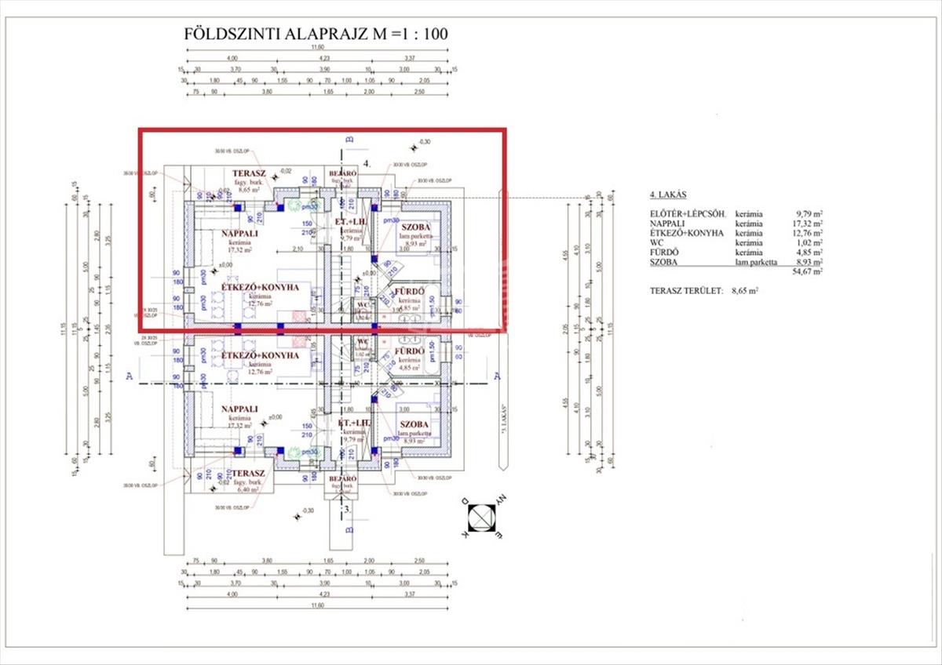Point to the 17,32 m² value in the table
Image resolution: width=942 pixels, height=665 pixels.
click(x=807, y=223)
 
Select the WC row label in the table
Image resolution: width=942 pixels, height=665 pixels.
click(x=657, y=243)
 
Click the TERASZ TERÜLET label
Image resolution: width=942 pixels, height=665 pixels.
click(x=685, y=291)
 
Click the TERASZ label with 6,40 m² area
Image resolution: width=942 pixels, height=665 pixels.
click(x=248, y=474)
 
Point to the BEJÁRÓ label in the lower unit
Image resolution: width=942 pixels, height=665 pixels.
click(x=343, y=478)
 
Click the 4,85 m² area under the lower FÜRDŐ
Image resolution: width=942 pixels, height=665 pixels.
click(x=411, y=367)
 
